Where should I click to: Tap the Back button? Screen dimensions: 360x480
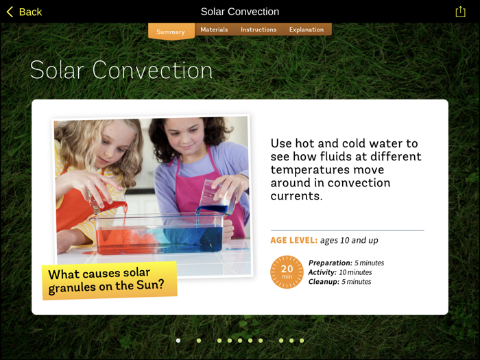pyautogui.click(x=25, y=12)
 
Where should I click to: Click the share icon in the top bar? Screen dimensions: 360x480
pyautogui.click(x=460, y=12)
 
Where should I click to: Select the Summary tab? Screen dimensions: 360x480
pyautogui.click(x=171, y=32)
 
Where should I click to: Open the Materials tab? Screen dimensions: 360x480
pyautogui.click(x=214, y=29)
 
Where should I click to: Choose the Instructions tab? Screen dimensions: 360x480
pyautogui.click(x=259, y=29)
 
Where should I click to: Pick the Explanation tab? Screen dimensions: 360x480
pyautogui.click(x=307, y=29)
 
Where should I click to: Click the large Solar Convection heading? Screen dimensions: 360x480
pyautogui.click(x=121, y=70)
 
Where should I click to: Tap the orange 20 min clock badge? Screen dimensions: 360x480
pyautogui.click(x=287, y=272)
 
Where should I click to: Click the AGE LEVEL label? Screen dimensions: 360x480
pyautogui.click(x=294, y=240)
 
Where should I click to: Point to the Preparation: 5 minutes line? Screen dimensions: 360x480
pyautogui.click(x=346, y=263)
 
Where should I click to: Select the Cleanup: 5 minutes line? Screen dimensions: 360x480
pyautogui.click(x=339, y=282)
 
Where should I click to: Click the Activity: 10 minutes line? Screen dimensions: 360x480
pyautogui.click(x=340, y=272)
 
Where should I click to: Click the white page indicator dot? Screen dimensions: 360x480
pyautogui.click(x=178, y=340)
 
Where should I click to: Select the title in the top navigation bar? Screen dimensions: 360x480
pyautogui.click(x=240, y=12)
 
